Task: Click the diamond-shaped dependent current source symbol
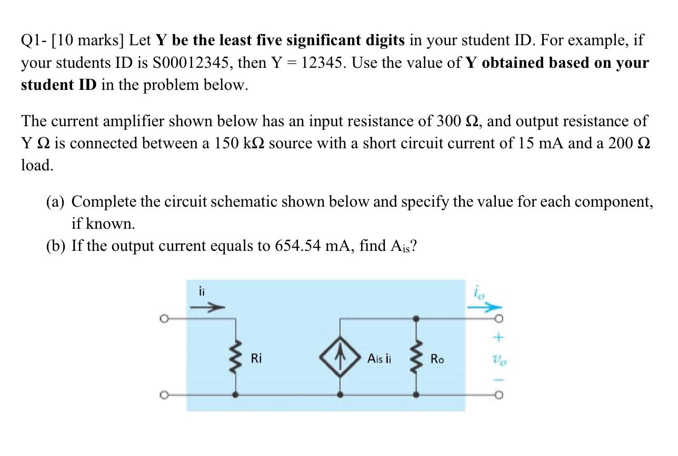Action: [x=341, y=358]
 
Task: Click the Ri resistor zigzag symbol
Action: [x=234, y=358]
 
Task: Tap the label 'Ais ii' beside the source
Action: [x=379, y=359]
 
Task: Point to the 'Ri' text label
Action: [x=256, y=359]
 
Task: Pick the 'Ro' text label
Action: [x=437, y=359]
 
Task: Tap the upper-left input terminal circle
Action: [x=165, y=319]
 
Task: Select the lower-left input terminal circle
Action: [x=165, y=393]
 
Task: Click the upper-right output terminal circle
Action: [x=498, y=319]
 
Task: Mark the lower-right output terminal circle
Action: [x=498, y=393]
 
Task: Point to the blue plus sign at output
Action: [x=498, y=336]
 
